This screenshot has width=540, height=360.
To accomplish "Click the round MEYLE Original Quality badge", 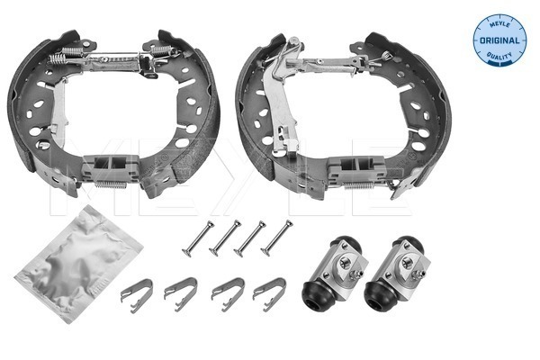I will (x=499, y=38).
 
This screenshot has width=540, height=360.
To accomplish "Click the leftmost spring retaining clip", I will (x=136, y=292).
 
